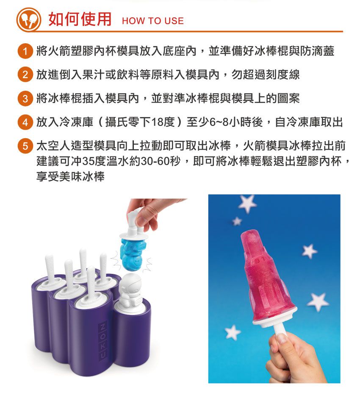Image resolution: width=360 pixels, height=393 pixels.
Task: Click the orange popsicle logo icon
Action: pos(29,19)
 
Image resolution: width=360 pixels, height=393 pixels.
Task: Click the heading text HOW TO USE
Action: pos(153,21)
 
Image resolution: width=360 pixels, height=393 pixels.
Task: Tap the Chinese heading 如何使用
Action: pos(79,19)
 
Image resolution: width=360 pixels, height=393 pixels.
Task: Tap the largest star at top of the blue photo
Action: pos(247,203)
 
